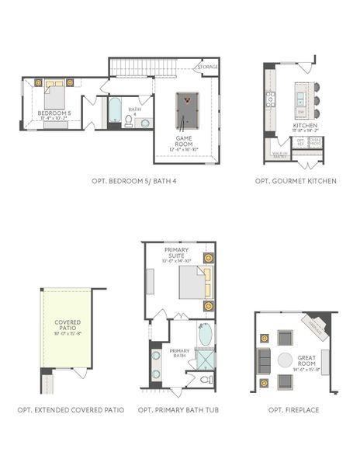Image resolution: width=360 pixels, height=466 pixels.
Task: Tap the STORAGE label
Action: [208, 68]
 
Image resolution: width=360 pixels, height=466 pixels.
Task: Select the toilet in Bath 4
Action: [144, 122]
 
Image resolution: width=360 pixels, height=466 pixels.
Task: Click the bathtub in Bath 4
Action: [115, 110]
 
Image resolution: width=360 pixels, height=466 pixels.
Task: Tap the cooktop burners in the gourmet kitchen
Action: [270, 99]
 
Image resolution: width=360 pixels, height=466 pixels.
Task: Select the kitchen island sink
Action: [298, 99]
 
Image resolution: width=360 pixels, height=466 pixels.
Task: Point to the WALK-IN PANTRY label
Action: [280, 155]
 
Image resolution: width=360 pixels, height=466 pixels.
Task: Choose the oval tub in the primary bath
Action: [205, 335]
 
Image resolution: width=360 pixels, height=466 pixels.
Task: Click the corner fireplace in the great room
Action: [317, 324]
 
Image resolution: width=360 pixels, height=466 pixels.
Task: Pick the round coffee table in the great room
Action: [286, 360]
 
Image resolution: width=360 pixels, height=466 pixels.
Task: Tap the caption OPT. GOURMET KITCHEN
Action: [296, 181]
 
